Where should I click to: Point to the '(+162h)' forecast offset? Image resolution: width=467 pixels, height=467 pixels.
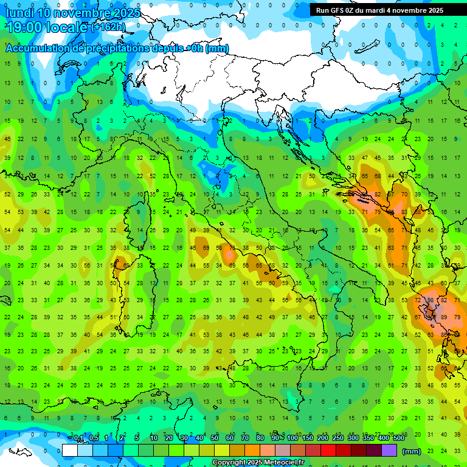109,27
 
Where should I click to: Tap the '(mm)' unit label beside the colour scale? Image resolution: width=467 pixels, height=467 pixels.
412,451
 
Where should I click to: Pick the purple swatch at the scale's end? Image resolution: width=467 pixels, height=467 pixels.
390,451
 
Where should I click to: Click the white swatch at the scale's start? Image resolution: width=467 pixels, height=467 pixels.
70,451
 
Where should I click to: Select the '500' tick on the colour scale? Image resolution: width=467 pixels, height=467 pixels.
399,438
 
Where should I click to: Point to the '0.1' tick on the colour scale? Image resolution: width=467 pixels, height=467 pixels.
78,438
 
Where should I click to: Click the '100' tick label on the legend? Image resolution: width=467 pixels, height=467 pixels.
292,438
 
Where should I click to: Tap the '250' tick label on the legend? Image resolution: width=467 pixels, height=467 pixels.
338,438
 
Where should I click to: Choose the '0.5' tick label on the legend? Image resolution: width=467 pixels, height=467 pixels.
94,438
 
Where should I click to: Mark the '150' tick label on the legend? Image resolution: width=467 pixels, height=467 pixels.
308,438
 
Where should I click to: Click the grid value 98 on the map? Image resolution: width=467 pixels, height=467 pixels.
431,300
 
